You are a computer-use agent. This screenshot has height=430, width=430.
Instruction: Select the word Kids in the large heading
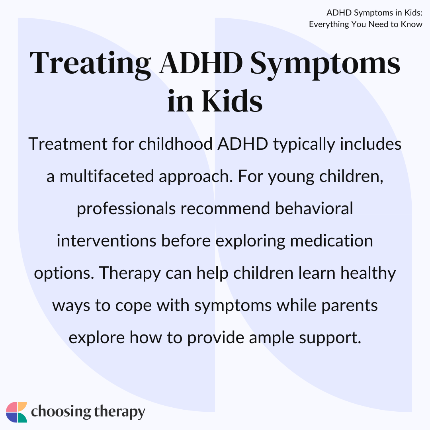(232, 101)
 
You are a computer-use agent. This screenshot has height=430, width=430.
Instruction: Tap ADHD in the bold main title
(201, 63)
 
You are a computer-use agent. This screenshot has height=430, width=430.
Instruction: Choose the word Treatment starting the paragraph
(68, 144)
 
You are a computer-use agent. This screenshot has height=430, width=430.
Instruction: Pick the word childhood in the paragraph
(176, 144)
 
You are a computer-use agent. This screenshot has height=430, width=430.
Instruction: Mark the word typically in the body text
(304, 145)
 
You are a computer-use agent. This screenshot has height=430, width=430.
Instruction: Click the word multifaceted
(107, 176)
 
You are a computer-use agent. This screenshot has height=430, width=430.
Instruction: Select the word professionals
(126, 209)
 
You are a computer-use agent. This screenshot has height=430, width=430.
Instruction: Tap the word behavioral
(314, 208)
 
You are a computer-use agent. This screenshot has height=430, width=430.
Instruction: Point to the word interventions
(106, 240)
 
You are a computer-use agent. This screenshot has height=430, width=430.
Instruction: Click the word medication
(331, 240)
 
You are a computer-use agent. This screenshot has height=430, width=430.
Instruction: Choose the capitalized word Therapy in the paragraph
(130, 274)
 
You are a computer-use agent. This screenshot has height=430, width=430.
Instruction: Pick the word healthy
(368, 274)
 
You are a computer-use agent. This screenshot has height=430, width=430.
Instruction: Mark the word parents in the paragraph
(350, 306)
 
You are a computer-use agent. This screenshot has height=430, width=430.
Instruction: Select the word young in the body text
(291, 177)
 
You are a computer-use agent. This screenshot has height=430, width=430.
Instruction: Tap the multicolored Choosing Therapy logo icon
(16, 412)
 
